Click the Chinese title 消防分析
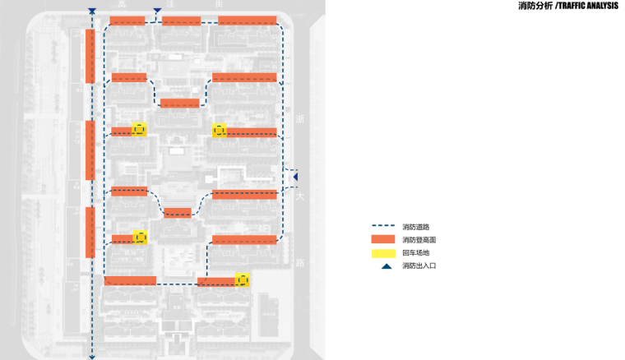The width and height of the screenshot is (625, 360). point(536,6)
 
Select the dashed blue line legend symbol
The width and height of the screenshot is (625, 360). point(384,227)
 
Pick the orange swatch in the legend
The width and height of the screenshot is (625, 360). point(384,239)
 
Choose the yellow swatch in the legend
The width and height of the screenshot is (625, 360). point(384,252)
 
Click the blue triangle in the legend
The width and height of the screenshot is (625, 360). point(385,266)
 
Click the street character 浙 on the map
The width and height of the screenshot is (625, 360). point(300,120)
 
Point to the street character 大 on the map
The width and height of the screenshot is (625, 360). point(300,197)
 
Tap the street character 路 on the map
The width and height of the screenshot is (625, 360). point(300,263)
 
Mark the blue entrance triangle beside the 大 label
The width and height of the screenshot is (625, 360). point(295,176)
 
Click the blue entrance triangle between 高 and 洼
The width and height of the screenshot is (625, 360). point(156,12)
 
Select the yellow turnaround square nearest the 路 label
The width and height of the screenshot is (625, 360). point(243,279)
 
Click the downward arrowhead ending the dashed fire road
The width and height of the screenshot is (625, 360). point(92,356)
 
